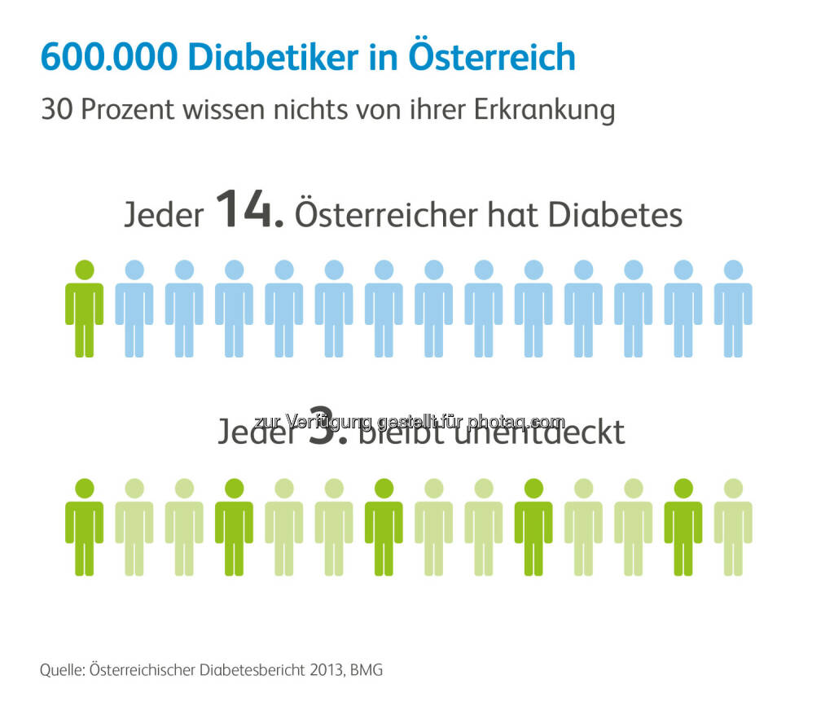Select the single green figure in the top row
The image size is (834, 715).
point(85,309)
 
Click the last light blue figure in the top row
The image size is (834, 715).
point(733,309)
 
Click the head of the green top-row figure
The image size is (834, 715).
point(85,270)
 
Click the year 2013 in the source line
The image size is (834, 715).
point(320,671)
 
